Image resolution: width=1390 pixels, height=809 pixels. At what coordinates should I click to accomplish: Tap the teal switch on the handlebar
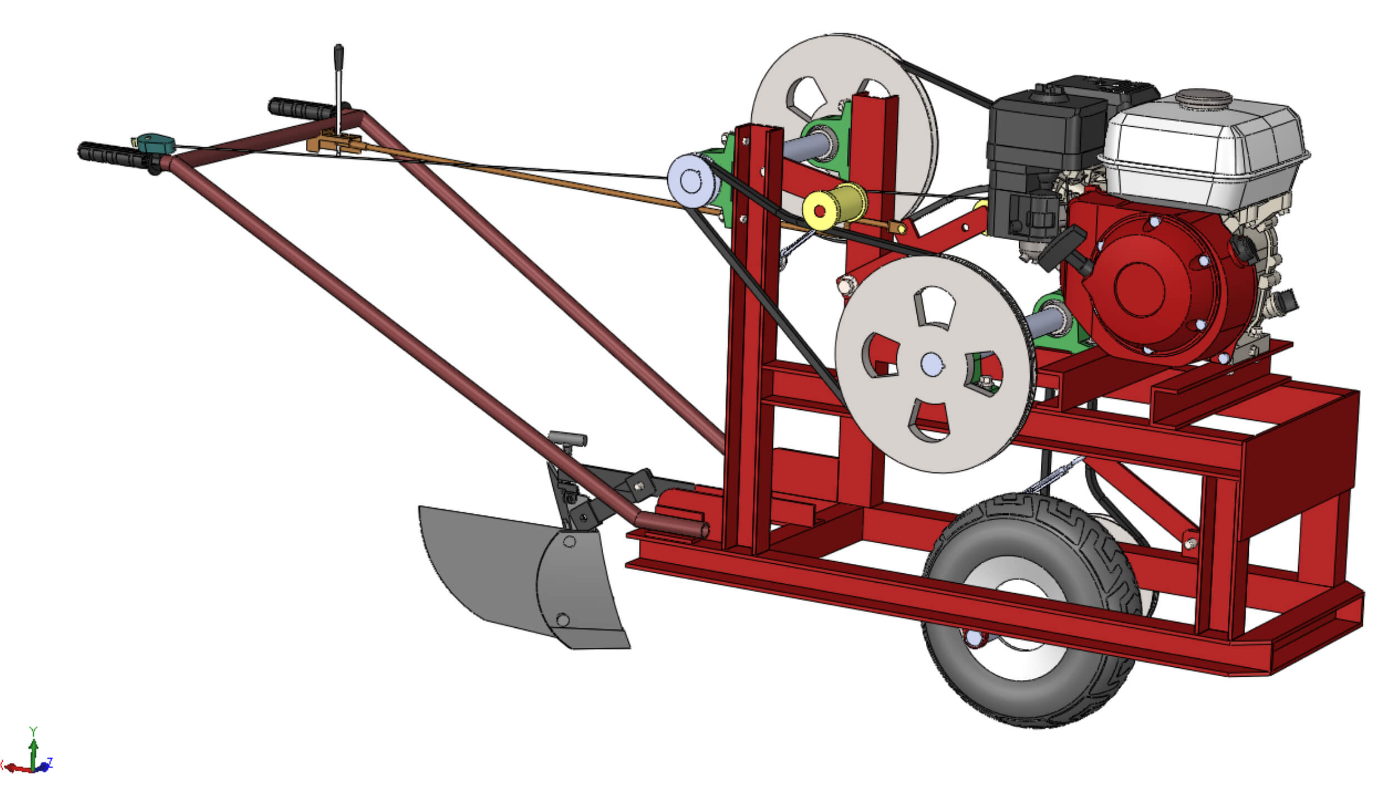click(155, 143)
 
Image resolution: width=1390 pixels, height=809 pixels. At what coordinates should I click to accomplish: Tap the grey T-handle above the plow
click(568, 438)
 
